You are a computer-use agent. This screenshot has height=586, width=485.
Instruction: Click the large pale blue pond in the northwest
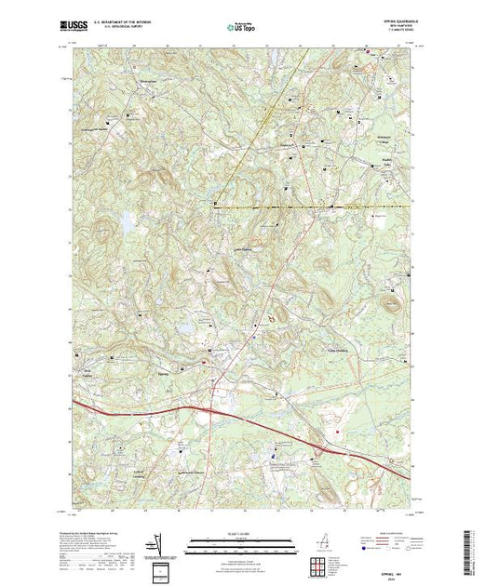pyautogui.click(x=122, y=223)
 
